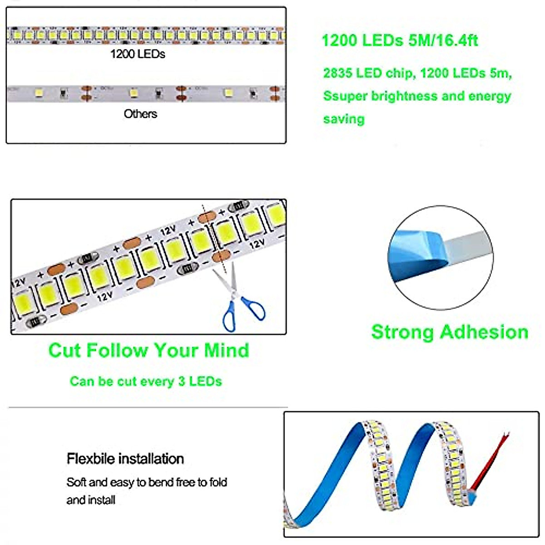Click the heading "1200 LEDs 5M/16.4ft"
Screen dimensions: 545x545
click(x=399, y=40)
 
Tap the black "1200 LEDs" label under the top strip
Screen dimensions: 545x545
click(x=138, y=54)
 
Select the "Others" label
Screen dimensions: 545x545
click(x=140, y=114)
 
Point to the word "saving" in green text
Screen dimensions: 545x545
click(x=344, y=119)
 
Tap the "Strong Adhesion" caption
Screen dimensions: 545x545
click(x=450, y=332)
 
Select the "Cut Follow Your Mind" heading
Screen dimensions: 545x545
click(x=149, y=350)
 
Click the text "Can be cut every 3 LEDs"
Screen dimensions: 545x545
click(x=146, y=381)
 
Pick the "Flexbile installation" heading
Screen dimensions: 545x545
click(x=125, y=459)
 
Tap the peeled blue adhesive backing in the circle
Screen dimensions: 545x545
click(x=416, y=254)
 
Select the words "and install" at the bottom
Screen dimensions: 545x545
click(x=91, y=500)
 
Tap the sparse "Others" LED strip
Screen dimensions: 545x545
click(x=145, y=93)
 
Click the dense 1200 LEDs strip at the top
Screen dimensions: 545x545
click(x=145, y=35)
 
